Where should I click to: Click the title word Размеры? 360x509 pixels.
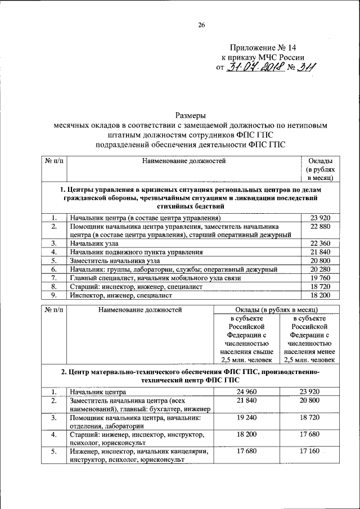[x=190, y=115]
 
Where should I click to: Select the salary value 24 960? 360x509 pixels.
[x=247, y=391]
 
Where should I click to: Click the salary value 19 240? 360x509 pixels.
[x=247, y=418]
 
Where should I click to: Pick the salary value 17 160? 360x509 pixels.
[x=310, y=452]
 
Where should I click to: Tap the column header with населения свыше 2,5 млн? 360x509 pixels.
[x=247, y=340]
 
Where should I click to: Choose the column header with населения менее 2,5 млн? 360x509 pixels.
[x=310, y=340]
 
